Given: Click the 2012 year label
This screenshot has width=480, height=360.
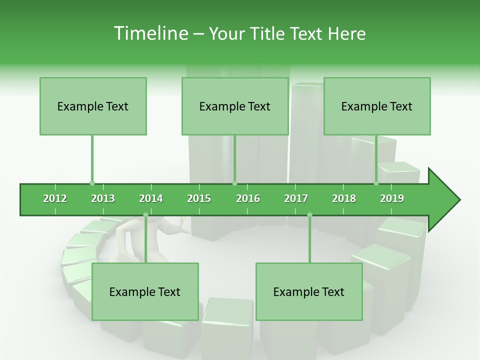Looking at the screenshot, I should click(55, 198).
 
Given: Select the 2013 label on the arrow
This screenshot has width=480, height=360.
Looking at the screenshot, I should click(103, 198).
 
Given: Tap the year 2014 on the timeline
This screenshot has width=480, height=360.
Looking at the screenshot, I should click(151, 198).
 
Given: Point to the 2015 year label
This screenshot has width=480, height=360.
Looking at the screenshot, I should click(199, 198).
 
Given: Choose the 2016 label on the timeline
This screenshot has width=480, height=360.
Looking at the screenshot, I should click(248, 198).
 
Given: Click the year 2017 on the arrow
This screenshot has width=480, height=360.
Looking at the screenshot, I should click(296, 198).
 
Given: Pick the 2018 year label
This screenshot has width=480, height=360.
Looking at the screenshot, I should click(344, 198).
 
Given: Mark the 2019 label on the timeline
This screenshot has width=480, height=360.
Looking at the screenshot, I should click(392, 198).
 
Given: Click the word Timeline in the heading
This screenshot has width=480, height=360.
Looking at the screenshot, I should click(150, 33).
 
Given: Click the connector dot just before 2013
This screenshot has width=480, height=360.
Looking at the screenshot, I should click(92, 183).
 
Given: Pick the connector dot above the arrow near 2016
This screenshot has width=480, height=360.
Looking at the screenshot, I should click(234, 183).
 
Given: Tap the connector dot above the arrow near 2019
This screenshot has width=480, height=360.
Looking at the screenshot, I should click(376, 183).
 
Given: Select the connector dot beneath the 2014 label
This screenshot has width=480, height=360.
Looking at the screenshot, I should click(145, 215).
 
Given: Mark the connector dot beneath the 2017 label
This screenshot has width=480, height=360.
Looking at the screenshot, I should click(309, 215).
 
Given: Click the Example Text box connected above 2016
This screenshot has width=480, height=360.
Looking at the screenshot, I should click(235, 106).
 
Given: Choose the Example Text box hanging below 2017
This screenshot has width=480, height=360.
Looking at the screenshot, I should click(309, 291).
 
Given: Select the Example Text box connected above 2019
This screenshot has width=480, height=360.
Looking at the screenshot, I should click(377, 106).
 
